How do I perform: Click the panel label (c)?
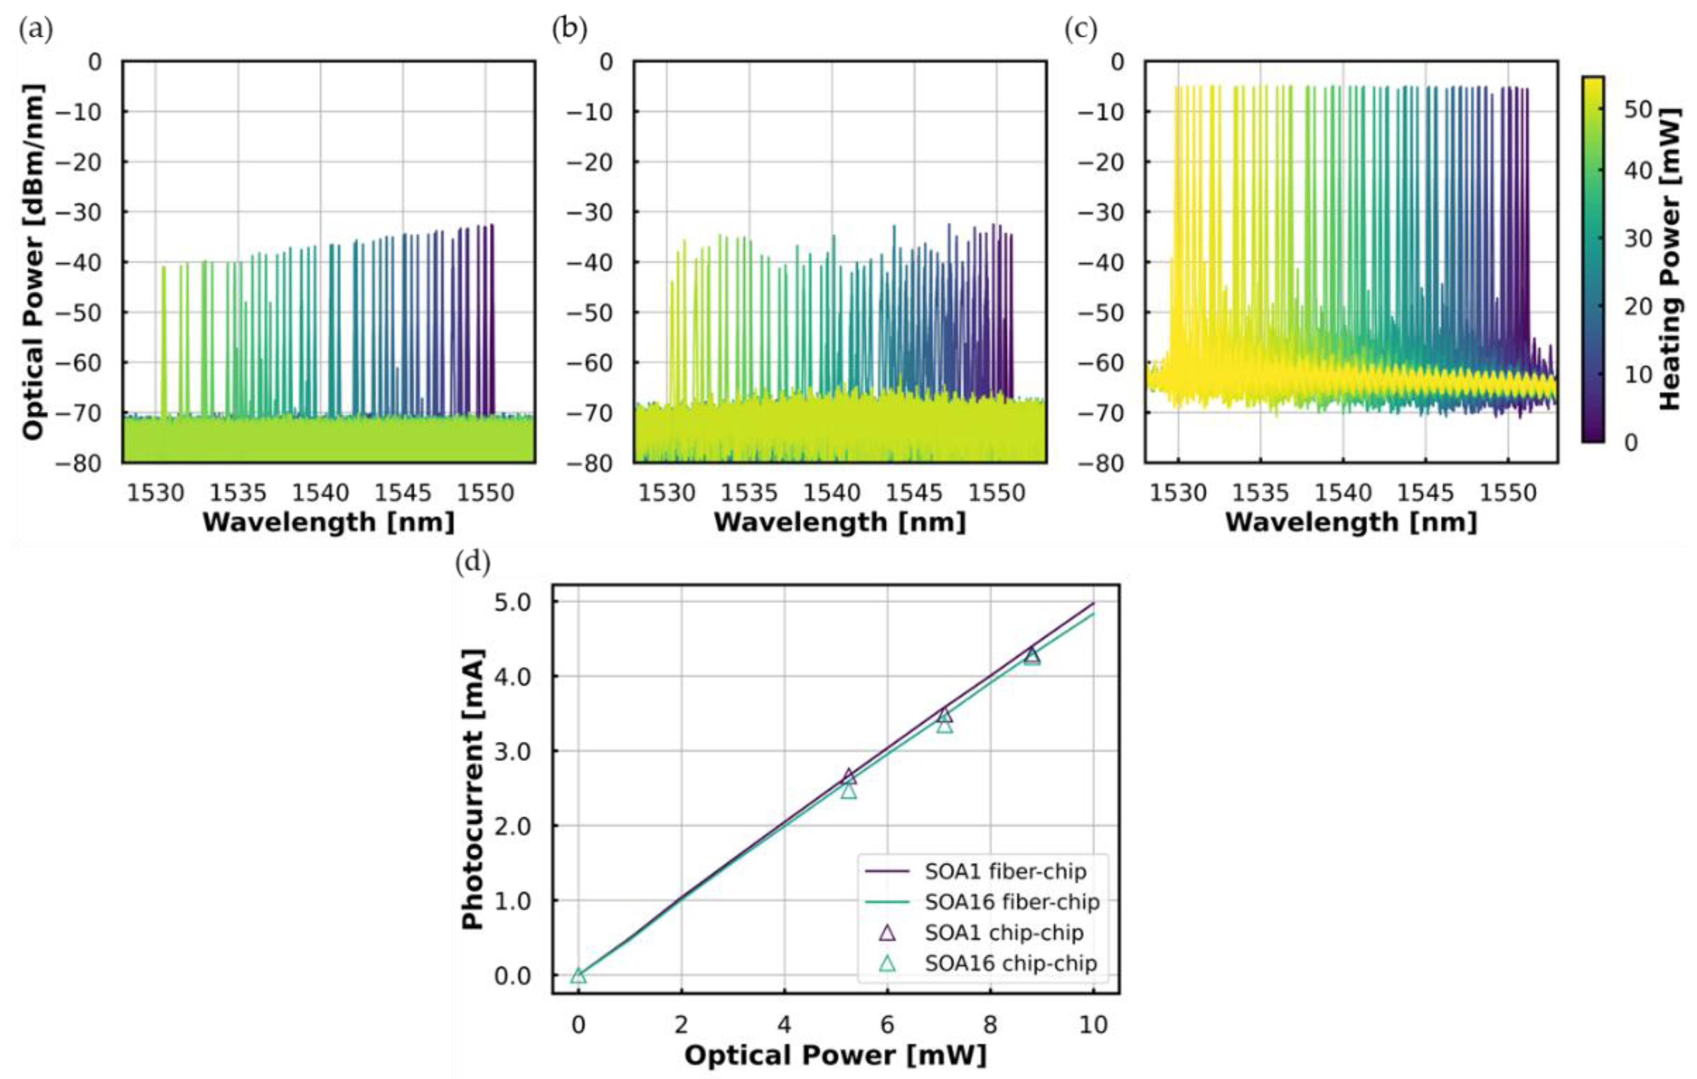[1080, 30]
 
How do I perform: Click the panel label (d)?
[472, 563]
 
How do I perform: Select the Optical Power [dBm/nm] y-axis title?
[33, 262]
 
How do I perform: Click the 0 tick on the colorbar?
[1631, 442]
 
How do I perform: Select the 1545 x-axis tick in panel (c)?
[1426, 492]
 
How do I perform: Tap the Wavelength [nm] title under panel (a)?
[329, 522]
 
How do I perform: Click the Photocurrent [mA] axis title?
[473, 789]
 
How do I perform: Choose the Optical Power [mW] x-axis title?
[835, 1055]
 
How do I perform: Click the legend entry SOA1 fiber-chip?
[1005, 871]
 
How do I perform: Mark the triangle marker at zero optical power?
[578, 975]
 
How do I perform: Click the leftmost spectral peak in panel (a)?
[164, 268]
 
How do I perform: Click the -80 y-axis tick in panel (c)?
[1106, 463]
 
